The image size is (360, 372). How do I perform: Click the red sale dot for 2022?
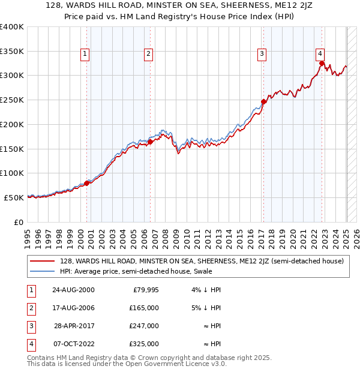[x=322, y=63]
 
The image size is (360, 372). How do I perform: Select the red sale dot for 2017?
[x=263, y=101]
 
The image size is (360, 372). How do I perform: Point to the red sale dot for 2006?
[x=150, y=142]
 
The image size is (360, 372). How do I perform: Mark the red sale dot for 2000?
[x=87, y=183]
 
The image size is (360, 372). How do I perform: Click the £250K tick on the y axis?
[x=12, y=100]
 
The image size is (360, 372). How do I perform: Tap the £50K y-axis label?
[x=14, y=197]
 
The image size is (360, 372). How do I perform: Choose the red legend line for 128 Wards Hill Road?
[x=43, y=261]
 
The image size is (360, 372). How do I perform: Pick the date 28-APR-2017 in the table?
[x=74, y=326]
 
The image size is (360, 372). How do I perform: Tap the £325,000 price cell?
[x=145, y=344]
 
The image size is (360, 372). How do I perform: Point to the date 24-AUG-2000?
[x=73, y=290]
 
